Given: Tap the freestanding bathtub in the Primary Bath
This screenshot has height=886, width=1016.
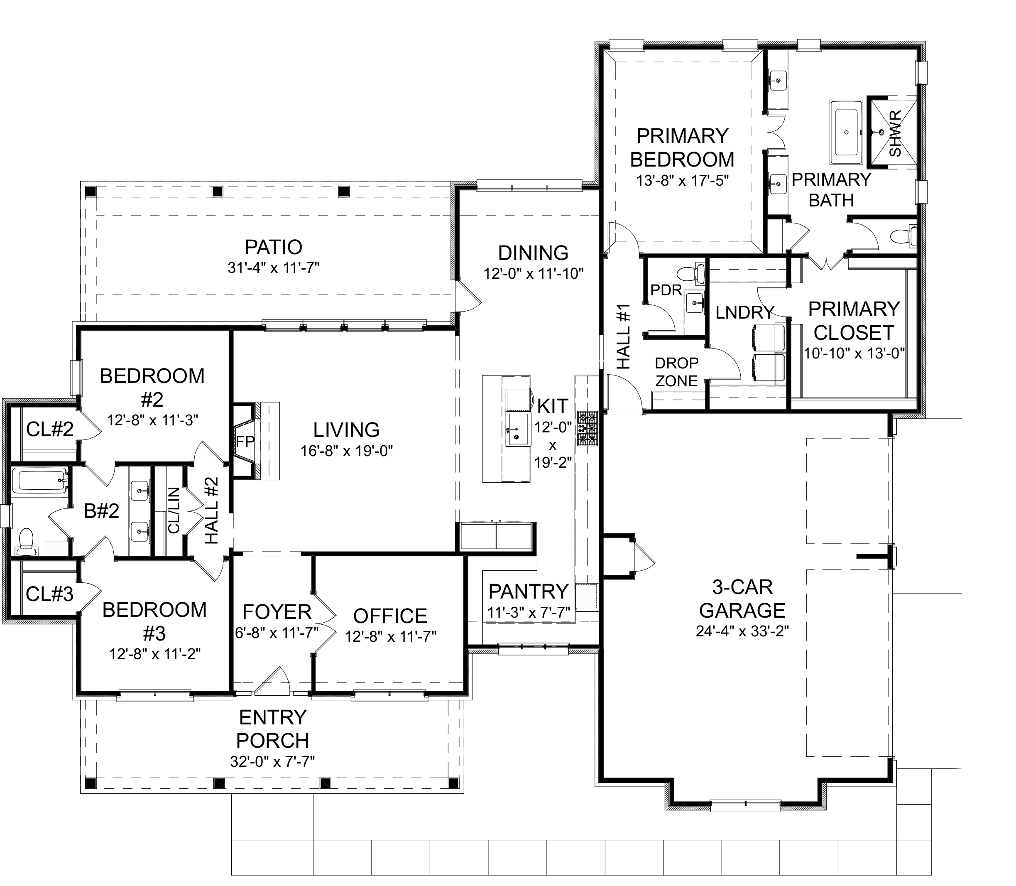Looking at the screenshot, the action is (846, 133).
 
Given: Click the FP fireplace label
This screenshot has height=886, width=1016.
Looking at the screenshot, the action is (245, 442).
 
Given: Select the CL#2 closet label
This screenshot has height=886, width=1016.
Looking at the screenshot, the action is (50, 429).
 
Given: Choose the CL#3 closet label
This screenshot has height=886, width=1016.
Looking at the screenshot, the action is (49, 594).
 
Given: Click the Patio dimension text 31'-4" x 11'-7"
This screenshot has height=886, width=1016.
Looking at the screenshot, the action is (274, 268).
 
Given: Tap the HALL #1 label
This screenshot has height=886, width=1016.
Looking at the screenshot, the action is (624, 336).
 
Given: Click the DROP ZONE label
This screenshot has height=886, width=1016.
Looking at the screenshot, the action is (676, 372).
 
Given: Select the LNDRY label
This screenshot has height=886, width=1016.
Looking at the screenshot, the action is (745, 312).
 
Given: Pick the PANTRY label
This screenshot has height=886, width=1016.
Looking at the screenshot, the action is (529, 591).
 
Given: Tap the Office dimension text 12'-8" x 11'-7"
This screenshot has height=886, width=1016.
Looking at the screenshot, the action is (390, 636).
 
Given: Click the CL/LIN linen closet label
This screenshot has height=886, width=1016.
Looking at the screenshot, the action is (174, 510).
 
